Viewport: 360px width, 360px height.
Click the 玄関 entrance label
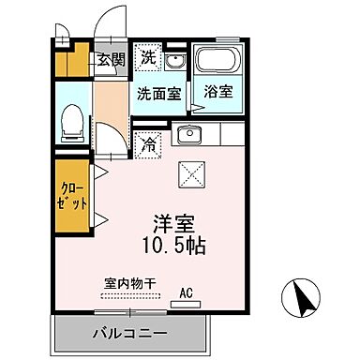point(109,59)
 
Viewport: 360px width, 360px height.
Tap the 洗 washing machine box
point(149,57)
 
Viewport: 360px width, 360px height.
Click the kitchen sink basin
point(190,133)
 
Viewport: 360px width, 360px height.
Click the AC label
point(186,292)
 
